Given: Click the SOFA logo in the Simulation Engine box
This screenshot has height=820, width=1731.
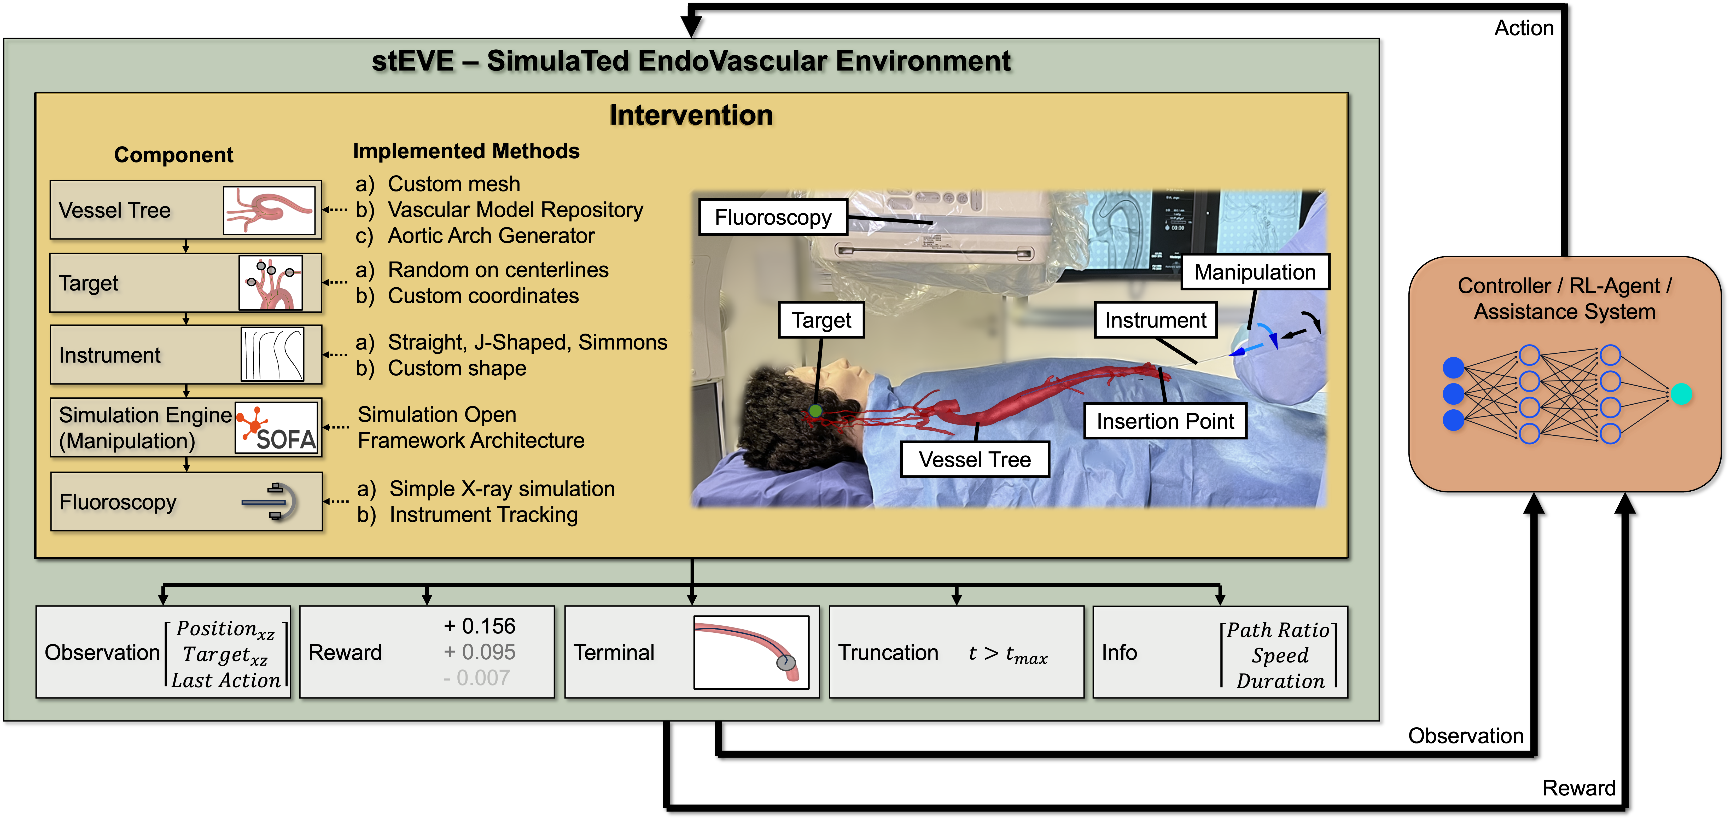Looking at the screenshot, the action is click(276, 427).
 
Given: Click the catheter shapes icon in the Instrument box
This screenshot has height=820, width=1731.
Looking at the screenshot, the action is click(272, 354).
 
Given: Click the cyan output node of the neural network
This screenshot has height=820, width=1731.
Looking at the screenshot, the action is click(1681, 394).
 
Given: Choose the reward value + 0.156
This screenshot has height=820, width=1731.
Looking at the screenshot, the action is click(479, 626).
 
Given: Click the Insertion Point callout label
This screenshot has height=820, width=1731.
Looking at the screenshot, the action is click(1165, 421).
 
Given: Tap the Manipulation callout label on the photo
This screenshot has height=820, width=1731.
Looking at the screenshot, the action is click(1255, 272).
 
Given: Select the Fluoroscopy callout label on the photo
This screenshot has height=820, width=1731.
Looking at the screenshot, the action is click(773, 217).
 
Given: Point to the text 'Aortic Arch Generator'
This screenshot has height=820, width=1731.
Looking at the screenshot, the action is click(491, 236).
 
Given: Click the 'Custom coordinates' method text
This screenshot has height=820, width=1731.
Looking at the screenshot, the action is click(483, 296).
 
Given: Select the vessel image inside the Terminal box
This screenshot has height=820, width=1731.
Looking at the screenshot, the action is click(751, 652).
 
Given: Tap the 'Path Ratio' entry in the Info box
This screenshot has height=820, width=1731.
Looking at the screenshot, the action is click(1278, 630).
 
